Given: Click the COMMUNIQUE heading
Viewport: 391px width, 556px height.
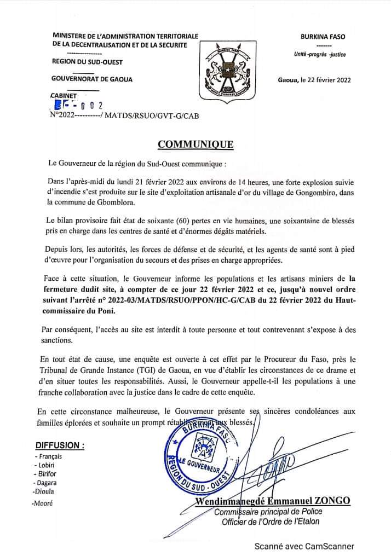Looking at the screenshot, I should pyautogui.click(x=196, y=144).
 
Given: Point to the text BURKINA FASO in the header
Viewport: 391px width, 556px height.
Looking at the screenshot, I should pyautogui.click(x=324, y=37).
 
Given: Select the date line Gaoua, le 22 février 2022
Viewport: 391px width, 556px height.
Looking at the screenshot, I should pyautogui.click(x=314, y=79).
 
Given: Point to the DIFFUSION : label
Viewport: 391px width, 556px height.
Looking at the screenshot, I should pyautogui.click(x=60, y=445).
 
